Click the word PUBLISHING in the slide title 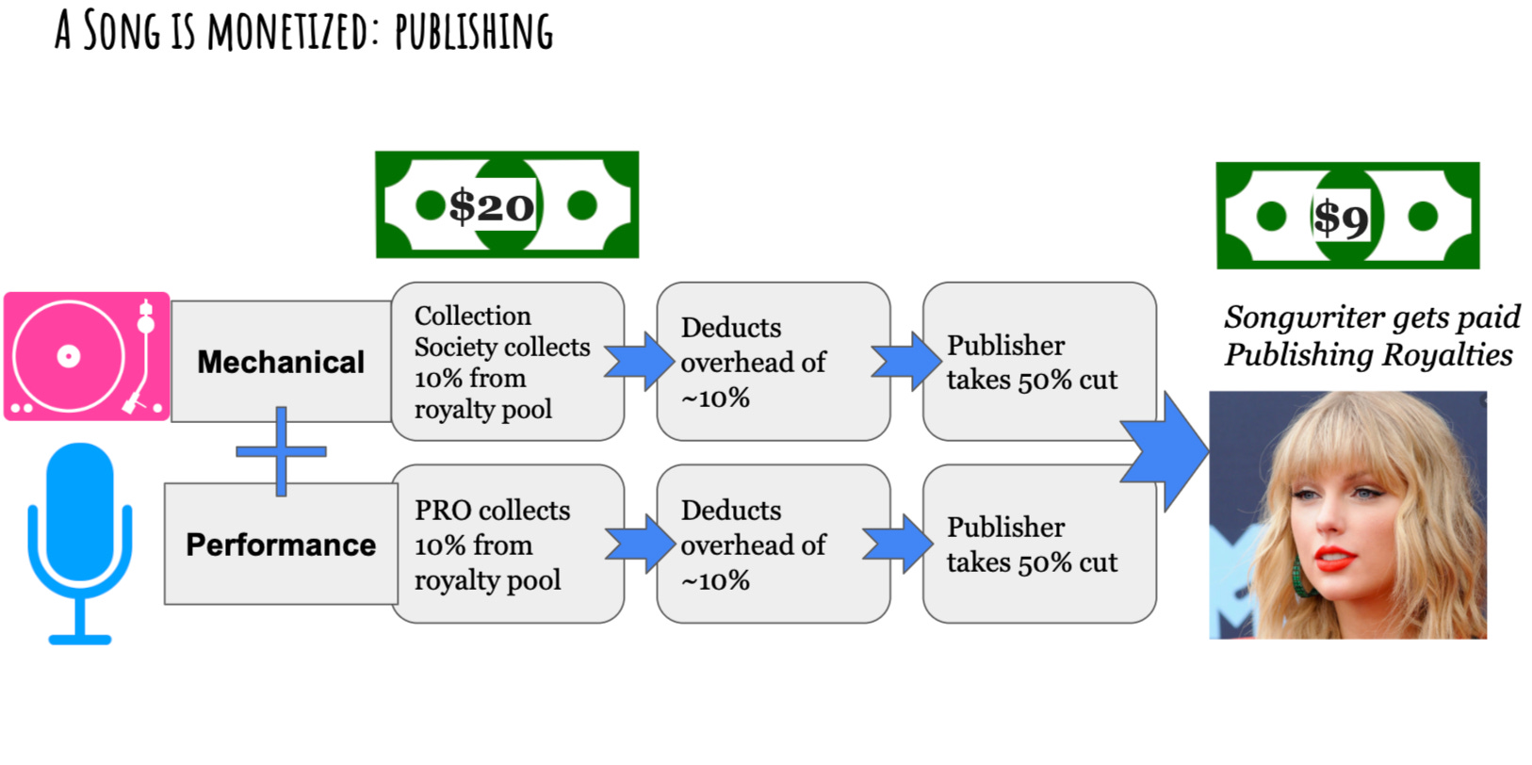click(x=473, y=31)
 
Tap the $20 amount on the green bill click(x=492, y=205)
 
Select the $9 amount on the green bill click(x=1340, y=217)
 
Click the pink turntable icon click(x=87, y=356)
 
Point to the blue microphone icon click(x=80, y=542)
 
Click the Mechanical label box click(x=280, y=362)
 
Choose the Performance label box click(x=280, y=545)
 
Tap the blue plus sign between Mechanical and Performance click(x=281, y=451)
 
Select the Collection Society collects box click(x=507, y=362)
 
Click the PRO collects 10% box click(x=507, y=545)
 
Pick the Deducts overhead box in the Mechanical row click(x=773, y=362)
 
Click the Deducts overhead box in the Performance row click(x=773, y=545)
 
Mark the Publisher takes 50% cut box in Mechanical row click(x=1038, y=362)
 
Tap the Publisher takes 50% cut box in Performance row click(x=1038, y=545)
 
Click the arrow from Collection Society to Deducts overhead click(x=641, y=361)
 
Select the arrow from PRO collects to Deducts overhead click(x=641, y=544)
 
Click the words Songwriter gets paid click(x=1372, y=317)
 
